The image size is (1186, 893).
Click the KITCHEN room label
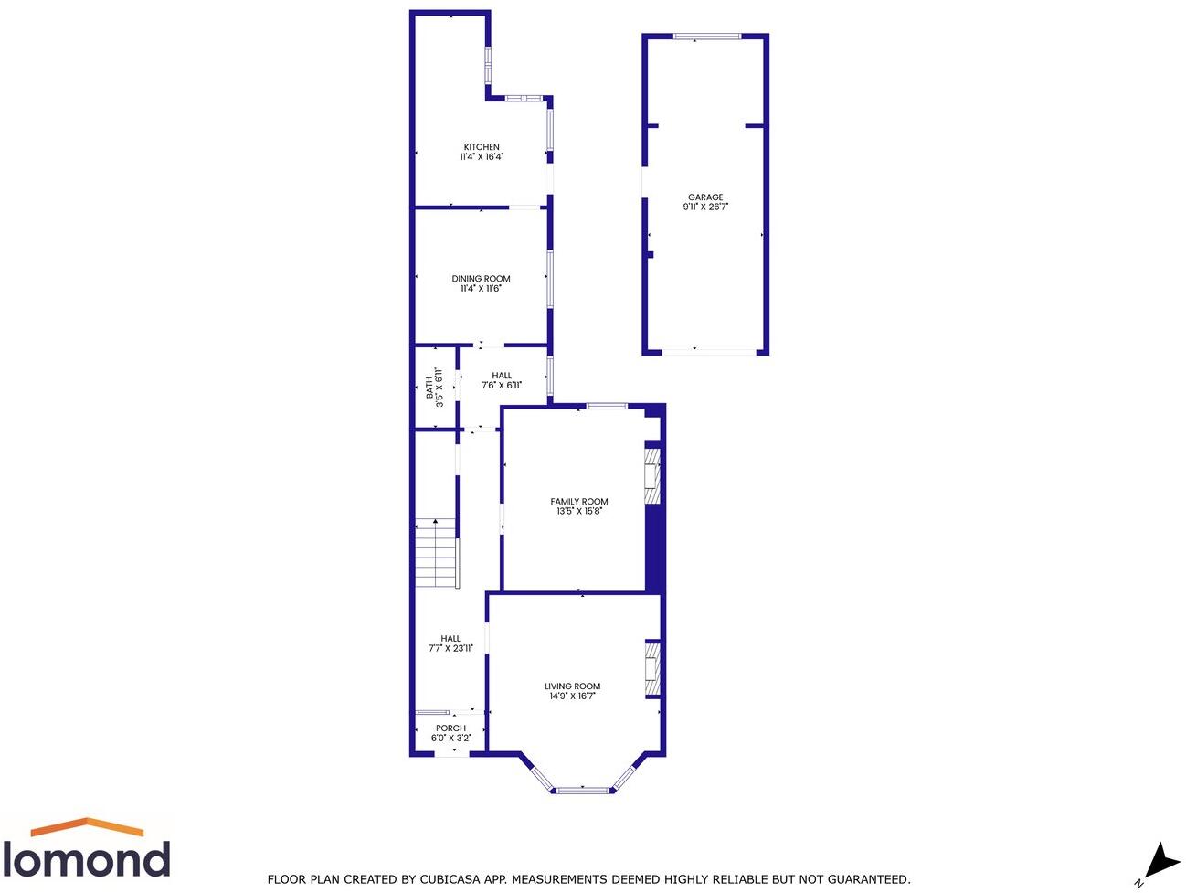click(482, 147)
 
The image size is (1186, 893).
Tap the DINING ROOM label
click(481, 279)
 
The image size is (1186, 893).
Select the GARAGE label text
click(705, 197)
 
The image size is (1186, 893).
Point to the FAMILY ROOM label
click(579, 502)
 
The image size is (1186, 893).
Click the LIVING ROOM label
click(573, 686)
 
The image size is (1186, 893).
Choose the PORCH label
click(450, 728)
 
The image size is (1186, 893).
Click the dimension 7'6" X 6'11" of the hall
click(502, 386)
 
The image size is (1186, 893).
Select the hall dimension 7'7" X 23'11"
click(450, 649)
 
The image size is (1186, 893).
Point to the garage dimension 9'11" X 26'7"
click(705, 207)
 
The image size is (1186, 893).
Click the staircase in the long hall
click(436, 554)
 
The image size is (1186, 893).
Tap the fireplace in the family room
click(652, 474)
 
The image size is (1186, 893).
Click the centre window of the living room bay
click(583, 790)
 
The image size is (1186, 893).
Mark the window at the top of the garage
click(706, 37)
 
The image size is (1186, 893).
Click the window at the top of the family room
click(607, 406)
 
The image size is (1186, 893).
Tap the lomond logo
click(87, 849)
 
